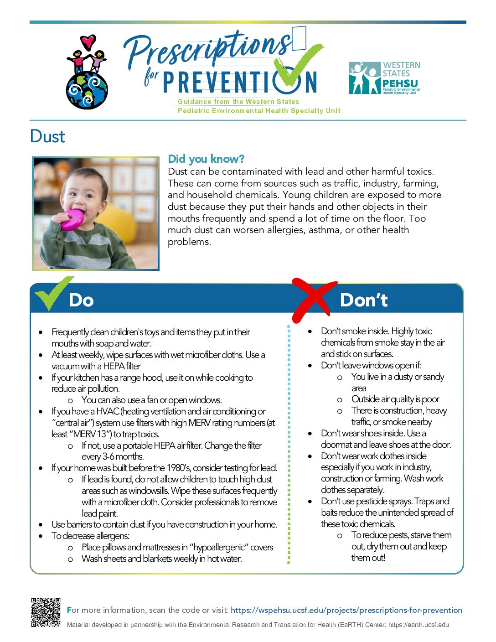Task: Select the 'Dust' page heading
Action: click(47, 136)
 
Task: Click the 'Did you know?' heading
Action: click(206, 159)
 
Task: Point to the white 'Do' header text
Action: click(81, 300)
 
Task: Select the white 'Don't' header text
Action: click(364, 300)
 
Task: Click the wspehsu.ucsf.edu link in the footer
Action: click(346, 611)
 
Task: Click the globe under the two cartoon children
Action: click(87, 90)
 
